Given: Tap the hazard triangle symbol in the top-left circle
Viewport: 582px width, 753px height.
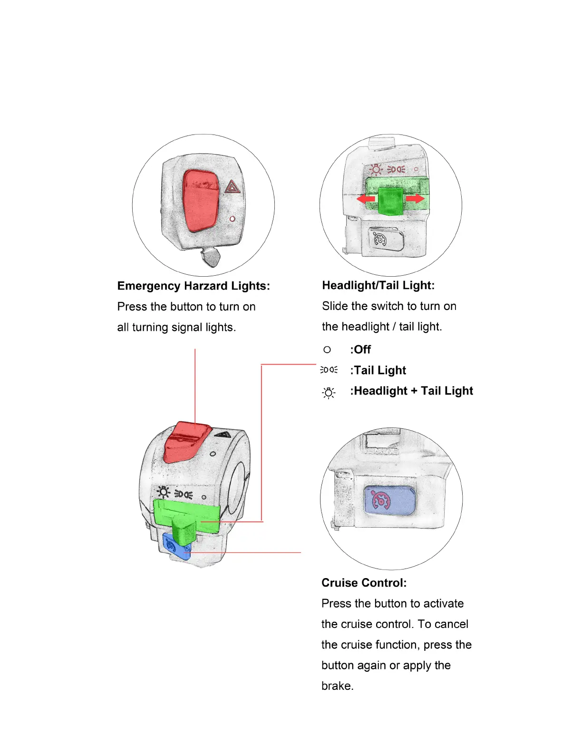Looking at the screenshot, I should pyautogui.click(x=233, y=186).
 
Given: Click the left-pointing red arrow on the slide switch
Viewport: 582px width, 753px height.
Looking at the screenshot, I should pyautogui.click(x=366, y=198).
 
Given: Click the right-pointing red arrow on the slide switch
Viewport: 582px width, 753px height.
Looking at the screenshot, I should pyautogui.click(x=415, y=198).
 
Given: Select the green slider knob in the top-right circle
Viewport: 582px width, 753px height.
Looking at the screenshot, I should pyautogui.click(x=390, y=200).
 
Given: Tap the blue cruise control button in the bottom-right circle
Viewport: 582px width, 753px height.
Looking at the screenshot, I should pyautogui.click(x=389, y=501).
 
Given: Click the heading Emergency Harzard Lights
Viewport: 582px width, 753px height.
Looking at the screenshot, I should pyautogui.click(x=194, y=286).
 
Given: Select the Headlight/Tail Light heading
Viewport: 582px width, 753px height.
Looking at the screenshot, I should pyautogui.click(x=378, y=285).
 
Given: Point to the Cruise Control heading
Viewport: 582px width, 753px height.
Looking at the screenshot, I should pyautogui.click(x=364, y=583).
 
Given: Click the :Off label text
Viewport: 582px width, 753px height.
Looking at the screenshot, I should pyautogui.click(x=360, y=349).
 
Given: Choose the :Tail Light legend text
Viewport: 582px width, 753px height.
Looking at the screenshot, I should pyautogui.click(x=378, y=370).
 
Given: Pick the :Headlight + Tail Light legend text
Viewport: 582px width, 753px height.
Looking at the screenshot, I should pyautogui.click(x=411, y=391).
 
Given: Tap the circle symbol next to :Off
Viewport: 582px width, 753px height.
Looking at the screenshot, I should pyautogui.click(x=327, y=349).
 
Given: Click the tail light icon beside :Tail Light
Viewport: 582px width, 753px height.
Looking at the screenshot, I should pyautogui.click(x=329, y=370).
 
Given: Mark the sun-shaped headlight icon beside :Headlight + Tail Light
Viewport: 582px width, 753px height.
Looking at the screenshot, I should pyautogui.click(x=329, y=393).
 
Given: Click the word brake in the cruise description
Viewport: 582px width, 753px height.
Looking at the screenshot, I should pyautogui.click(x=337, y=686).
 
